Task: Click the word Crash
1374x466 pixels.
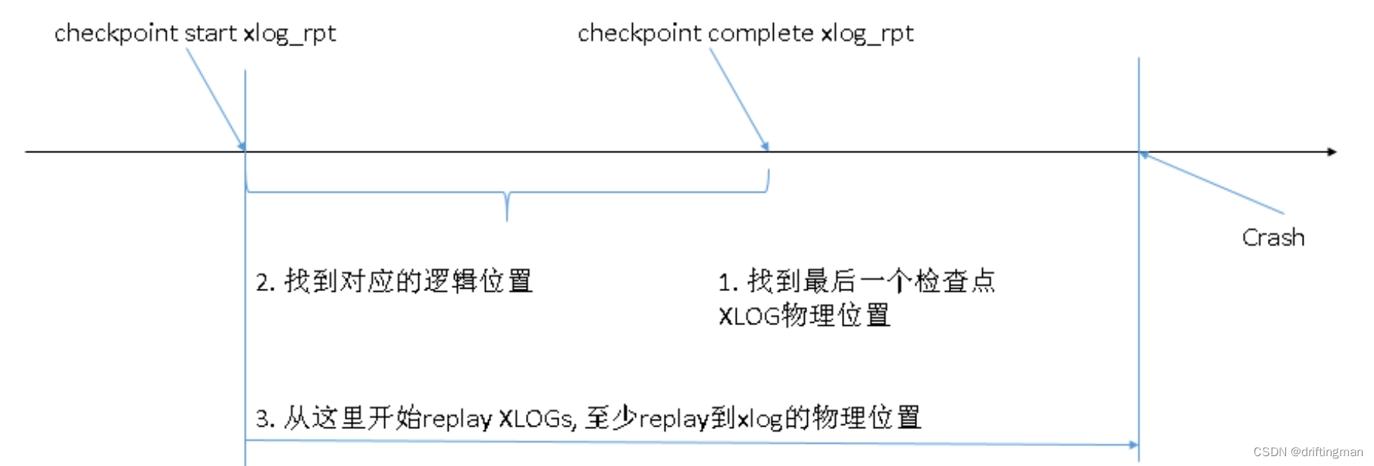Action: (1272, 238)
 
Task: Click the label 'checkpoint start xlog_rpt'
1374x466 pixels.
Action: (195, 33)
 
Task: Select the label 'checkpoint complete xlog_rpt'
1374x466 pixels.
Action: (745, 33)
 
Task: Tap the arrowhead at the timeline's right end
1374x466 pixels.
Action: (1332, 152)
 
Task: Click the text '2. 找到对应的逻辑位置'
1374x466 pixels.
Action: (394, 281)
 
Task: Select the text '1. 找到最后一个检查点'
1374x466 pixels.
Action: (856, 281)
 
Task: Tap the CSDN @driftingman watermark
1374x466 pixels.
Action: (1307, 452)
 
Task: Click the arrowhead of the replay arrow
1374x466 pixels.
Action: (1133, 445)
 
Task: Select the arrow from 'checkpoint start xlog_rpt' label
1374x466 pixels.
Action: (216, 99)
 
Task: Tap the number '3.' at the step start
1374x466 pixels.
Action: (264, 418)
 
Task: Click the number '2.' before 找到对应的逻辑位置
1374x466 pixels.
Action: (264, 282)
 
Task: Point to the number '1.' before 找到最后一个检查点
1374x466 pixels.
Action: (728, 282)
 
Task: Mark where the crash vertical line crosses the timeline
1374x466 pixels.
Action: (1138, 152)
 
